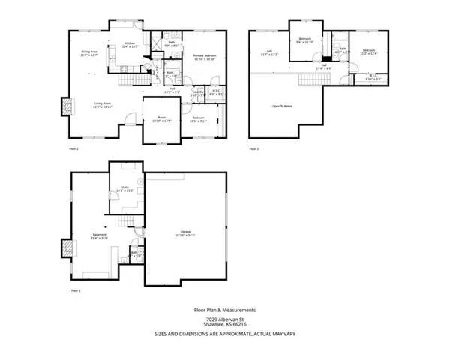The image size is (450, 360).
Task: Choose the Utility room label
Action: point(121,189)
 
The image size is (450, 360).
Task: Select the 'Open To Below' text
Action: point(282,106)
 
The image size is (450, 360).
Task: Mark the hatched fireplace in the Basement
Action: point(67,247)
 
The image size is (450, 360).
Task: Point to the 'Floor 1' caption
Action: point(74,289)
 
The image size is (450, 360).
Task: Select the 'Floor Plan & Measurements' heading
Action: point(225,308)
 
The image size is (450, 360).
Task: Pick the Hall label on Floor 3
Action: point(325,66)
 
